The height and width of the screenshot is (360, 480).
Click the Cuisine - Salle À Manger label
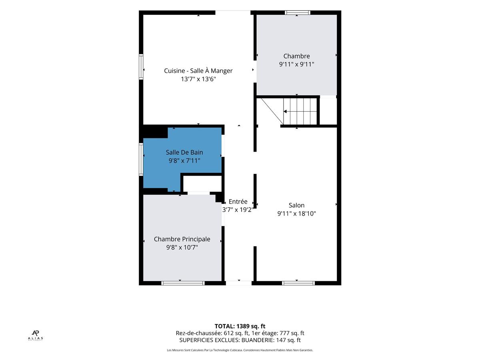(198, 71)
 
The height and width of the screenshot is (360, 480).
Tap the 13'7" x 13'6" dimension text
(198, 79)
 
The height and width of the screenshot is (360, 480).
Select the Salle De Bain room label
(184, 152)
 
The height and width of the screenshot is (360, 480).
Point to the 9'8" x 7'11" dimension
(184, 161)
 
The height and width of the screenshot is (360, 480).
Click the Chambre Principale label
(182, 239)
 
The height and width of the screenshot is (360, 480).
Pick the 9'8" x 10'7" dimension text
(182, 247)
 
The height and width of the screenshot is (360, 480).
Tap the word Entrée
(238, 201)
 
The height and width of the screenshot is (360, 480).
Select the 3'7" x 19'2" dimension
(238, 210)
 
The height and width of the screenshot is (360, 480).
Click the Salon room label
(296, 205)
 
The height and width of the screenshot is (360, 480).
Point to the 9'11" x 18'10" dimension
(296, 213)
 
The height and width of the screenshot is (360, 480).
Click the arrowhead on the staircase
(285, 112)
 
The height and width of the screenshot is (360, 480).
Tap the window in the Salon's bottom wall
(298, 283)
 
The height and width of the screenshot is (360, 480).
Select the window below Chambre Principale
(183, 283)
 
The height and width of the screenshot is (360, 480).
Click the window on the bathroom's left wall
(141, 159)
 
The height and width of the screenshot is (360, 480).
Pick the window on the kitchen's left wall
(141, 67)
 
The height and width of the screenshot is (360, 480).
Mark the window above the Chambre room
(298, 12)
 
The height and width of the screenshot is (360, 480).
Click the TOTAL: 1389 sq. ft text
(240, 326)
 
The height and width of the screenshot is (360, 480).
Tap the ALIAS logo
(36, 335)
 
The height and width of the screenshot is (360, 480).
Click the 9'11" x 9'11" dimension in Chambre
(296, 64)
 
